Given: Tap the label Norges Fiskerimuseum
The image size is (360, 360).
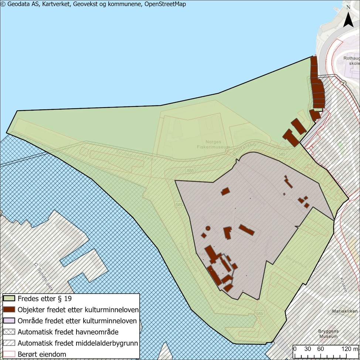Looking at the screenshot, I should [213, 143].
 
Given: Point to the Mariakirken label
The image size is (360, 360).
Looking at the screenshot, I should [344, 311].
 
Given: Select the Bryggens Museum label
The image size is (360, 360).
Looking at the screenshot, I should [328, 334].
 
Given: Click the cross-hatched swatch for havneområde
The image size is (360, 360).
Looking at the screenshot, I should [9, 332].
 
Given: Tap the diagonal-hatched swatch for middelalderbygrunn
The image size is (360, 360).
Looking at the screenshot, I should [9, 343].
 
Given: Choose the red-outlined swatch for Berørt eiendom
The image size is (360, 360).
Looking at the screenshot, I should [9, 354].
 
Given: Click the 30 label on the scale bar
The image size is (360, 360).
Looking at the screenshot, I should [307, 349].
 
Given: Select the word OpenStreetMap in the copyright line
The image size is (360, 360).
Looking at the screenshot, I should [165, 4].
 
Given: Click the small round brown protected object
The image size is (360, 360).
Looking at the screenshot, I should [208, 228].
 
